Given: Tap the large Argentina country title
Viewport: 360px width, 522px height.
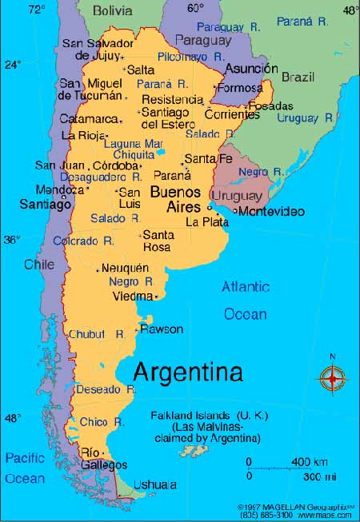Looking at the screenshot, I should [187, 372].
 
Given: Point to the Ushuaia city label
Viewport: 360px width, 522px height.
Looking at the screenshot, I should [154, 484].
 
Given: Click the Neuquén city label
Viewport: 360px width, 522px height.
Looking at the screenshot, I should [125, 268].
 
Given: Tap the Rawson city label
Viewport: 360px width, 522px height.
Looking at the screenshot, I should [161, 329].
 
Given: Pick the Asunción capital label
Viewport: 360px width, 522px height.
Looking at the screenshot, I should [251, 69].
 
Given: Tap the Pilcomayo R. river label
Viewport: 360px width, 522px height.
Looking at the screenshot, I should [191, 57].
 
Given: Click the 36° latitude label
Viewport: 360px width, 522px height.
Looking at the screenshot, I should [11, 239].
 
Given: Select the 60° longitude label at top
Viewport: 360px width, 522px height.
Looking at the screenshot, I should [195, 9].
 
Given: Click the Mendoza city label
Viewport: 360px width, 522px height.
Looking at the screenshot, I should [58, 190].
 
